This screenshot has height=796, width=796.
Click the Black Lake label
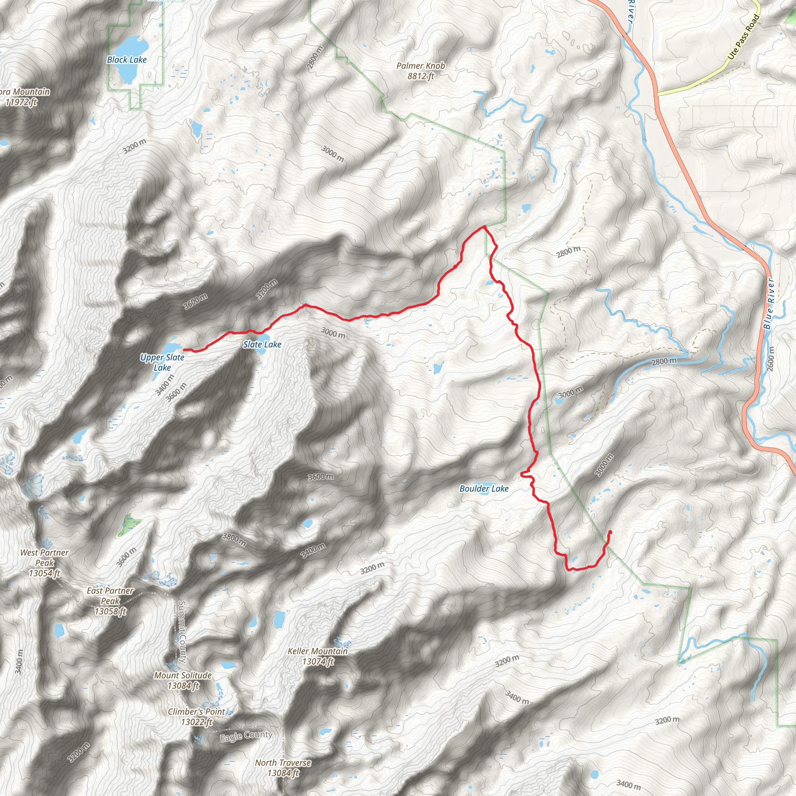tap(126, 60)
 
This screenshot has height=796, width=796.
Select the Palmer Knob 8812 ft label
tap(421, 71)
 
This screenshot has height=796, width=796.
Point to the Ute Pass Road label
tap(743, 37)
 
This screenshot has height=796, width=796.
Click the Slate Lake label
tap(262, 344)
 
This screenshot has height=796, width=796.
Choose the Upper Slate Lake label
tap(162, 363)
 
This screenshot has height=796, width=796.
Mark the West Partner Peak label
tap(44, 563)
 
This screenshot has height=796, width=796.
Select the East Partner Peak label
tap(110, 601)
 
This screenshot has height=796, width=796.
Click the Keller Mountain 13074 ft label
tap(318, 656)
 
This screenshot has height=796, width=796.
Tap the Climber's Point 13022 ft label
tap(197, 716)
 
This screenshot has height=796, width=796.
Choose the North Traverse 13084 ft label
tap(283, 768)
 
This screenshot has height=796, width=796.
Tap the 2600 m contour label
tap(771, 358)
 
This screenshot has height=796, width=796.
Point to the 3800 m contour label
tap(234, 539)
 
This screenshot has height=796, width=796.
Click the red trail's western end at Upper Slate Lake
tap(184, 350)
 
